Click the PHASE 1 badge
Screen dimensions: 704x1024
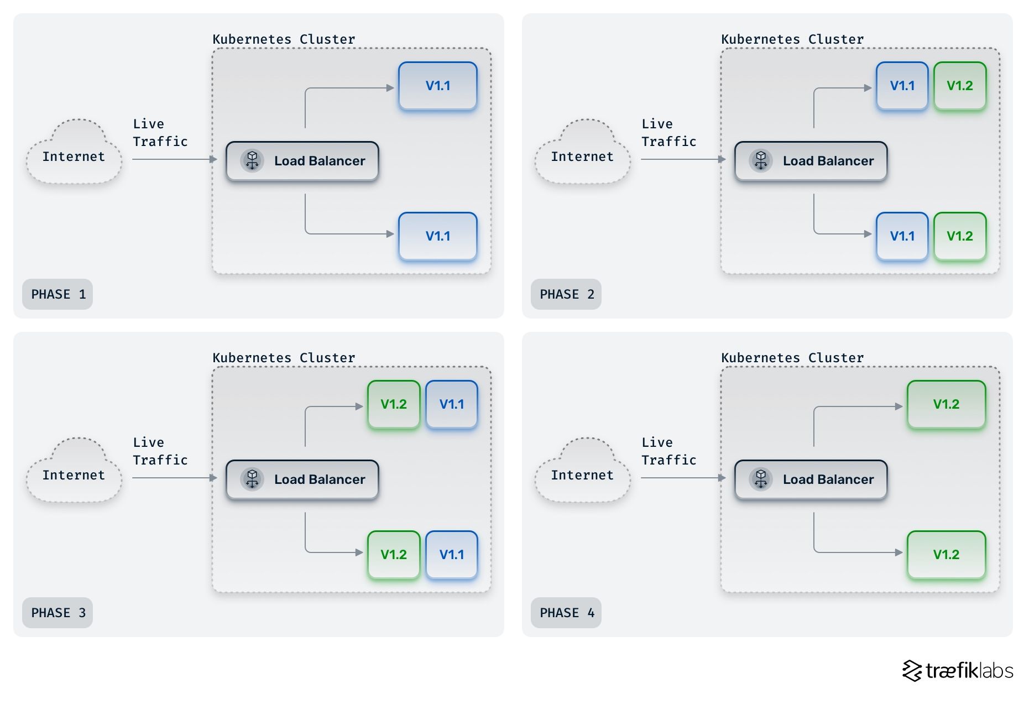pyautogui.click(x=58, y=294)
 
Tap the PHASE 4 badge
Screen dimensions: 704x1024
pyautogui.click(x=566, y=613)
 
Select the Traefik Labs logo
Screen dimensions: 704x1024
pyautogui.click(x=958, y=670)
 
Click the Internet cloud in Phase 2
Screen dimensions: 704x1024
pyautogui.click(x=582, y=155)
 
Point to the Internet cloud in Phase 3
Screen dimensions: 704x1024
pyautogui.click(x=74, y=473)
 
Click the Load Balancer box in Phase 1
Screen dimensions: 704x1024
pyautogui.click(x=302, y=161)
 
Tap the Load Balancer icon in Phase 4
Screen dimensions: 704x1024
pyautogui.click(x=761, y=479)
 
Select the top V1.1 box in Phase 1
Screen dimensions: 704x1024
pyautogui.click(x=438, y=86)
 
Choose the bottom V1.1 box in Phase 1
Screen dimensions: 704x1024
pyautogui.click(x=438, y=236)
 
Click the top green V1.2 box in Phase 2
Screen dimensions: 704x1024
pyautogui.click(x=960, y=86)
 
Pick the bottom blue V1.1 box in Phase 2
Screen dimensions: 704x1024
pyautogui.click(x=902, y=236)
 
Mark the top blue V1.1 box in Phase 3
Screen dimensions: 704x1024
pyautogui.click(x=452, y=404)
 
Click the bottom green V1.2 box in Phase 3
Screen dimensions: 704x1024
pyautogui.click(x=394, y=555)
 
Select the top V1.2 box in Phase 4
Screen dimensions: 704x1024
pyautogui.click(x=946, y=404)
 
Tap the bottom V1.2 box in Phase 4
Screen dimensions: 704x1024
pyautogui.click(x=946, y=555)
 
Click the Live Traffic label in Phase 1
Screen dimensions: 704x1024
pyautogui.click(x=160, y=133)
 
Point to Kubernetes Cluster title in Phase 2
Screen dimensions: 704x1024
pyautogui.click(x=792, y=39)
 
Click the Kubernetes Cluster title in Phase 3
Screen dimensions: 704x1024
pyautogui.click(x=284, y=358)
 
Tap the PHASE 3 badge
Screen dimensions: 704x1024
pyautogui.click(x=58, y=613)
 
